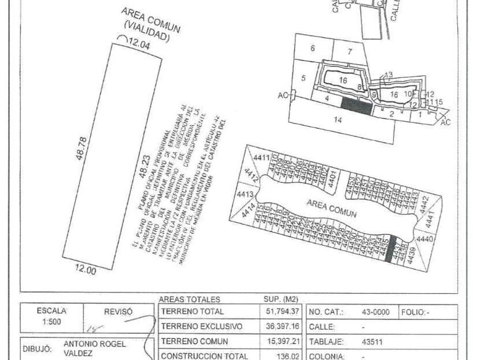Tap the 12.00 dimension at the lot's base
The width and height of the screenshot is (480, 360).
point(86,271)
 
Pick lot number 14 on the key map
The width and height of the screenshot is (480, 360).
point(338,120)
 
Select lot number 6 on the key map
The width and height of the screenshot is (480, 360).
point(313,49)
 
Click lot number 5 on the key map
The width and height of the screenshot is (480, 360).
point(303,78)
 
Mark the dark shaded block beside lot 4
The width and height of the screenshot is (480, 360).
point(356,104)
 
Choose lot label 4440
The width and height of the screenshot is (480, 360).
point(425,239)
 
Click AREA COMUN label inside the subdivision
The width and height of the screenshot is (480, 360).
point(331,209)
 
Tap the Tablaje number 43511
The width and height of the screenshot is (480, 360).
point(373,342)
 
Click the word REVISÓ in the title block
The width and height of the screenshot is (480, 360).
point(118,311)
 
